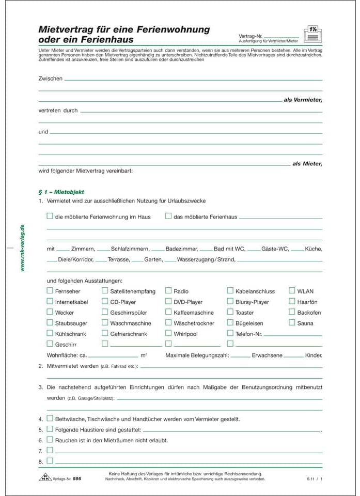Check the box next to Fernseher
click(50, 291)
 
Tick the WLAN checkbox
click(292, 291)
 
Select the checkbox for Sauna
click(292, 323)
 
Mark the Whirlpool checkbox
click(168, 334)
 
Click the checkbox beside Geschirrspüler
click(105, 312)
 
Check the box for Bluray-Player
click(230, 301)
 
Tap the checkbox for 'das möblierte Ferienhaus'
click(168, 216)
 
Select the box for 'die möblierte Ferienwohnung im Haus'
click(50, 216)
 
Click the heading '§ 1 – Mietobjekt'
click(57, 192)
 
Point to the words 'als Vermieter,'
click(303, 100)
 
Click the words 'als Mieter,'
click(307, 164)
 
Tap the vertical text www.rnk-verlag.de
click(22, 249)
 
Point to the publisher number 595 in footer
click(77, 479)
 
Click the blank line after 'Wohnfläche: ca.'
click(113, 357)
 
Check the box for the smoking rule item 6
click(50, 440)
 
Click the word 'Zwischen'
click(50, 79)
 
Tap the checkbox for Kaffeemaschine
click(168, 312)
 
